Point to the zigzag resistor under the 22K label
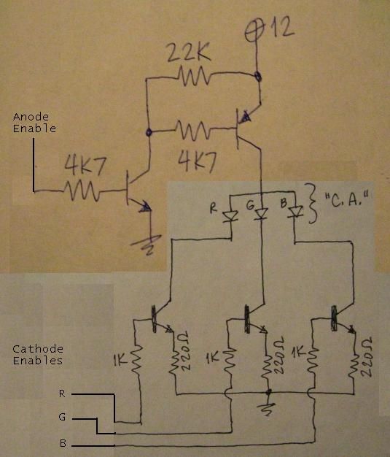(192, 74)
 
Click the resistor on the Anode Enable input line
(82, 191)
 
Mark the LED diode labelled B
(296, 212)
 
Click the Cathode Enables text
(37, 355)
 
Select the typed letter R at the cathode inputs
(62, 393)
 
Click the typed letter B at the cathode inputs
(62, 443)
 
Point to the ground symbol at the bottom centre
(270, 407)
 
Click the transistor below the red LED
(158, 315)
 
